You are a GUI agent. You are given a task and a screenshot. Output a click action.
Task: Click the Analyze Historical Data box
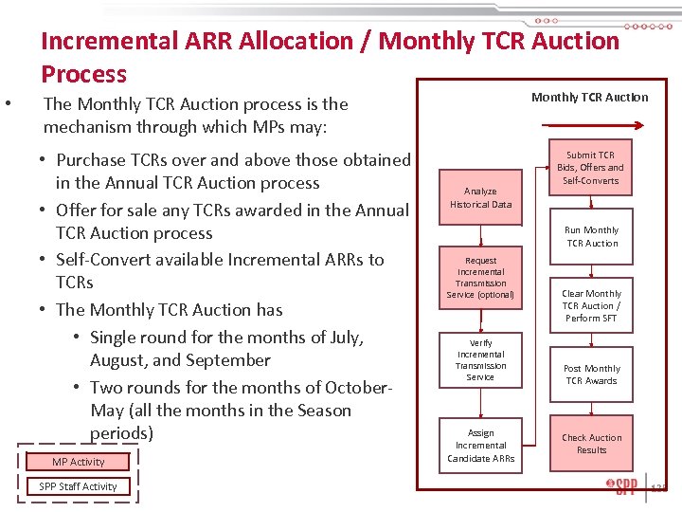pos(480,197)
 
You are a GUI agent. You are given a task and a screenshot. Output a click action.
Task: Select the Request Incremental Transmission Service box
pos(480,277)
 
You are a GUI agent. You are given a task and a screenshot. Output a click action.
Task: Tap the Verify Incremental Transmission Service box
pos(480,359)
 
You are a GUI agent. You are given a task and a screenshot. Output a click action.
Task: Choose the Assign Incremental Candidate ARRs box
pos(480,445)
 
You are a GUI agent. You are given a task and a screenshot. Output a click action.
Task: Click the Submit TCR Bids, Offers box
pos(590,168)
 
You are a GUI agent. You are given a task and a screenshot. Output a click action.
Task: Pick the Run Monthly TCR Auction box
pos(591,236)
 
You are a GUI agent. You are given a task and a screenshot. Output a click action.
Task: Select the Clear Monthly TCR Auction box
pos(591,305)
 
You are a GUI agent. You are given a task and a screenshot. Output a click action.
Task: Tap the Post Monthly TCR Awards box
pos(591,375)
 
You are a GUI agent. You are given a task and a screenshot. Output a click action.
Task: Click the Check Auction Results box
pos(591,444)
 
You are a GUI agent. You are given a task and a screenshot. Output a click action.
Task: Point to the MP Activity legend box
pos(79,462)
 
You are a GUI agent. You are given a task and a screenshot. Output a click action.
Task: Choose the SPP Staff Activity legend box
pos(79,486)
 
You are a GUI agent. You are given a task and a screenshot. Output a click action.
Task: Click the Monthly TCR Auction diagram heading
pos(589,97)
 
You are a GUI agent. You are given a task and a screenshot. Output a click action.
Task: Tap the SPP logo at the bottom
pos(622,487)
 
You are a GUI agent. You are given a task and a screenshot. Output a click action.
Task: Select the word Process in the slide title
pos(83,74)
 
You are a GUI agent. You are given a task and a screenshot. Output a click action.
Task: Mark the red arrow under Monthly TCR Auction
pos(588,123)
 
